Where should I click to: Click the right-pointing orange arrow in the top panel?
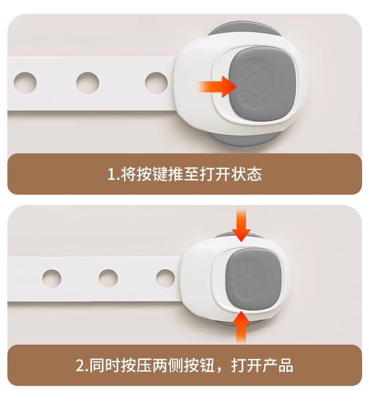(x=217, y=87)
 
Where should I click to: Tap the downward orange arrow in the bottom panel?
(x=241, y=224)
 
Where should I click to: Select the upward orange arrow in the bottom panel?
(x=241, y=327)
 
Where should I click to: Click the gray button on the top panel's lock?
(x=262, y=84)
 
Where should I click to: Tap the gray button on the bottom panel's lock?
(x=253, y=277)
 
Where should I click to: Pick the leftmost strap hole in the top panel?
(x=25, y=83)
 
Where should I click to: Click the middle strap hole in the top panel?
(x=88, y=83)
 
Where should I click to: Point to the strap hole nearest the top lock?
(x=156, y=83)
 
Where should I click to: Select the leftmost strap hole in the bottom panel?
(x=52, y=278)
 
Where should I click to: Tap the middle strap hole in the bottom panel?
(x=108, y=278)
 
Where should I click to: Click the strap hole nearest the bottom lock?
(x=165, y=278)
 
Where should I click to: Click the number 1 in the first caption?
(x=111, y=175)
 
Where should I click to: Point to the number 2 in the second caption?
(x=80, y=365)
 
